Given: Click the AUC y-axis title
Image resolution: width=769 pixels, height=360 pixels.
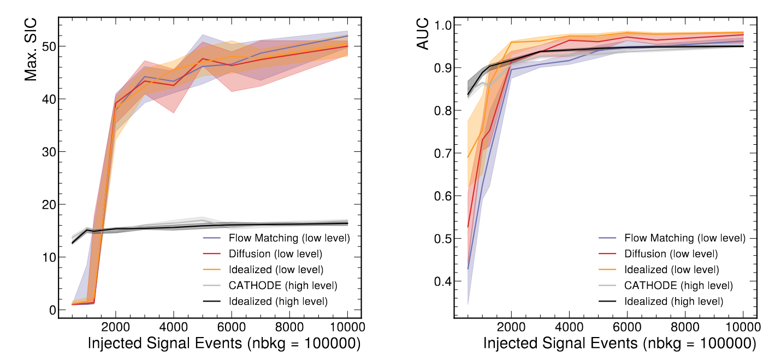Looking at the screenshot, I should [x=423, y=34].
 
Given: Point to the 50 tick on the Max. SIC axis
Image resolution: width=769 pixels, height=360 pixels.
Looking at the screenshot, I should [x=49, y=46].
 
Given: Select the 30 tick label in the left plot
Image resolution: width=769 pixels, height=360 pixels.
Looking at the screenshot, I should [x=49, y=152].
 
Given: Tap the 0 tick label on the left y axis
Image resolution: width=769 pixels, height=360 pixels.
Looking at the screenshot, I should [x=52, y=310].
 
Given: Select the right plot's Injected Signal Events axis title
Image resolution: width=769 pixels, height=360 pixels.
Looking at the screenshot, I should [x=619, y=344].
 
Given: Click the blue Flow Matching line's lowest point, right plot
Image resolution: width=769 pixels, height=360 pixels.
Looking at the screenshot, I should [x=468, y=269].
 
